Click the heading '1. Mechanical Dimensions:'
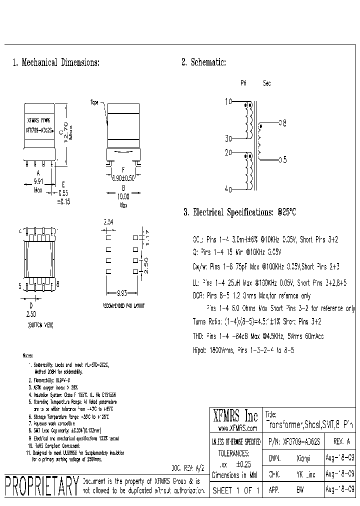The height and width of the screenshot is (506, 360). tap(55, 63)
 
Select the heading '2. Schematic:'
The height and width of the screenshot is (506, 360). tap(203, 63)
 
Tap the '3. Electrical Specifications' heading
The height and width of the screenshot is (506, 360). tap(240, 212)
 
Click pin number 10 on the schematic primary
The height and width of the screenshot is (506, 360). tap(228, 101)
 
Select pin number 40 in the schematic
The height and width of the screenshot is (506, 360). tap(228, 189)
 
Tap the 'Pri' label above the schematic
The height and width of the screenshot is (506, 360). tap(243, 83)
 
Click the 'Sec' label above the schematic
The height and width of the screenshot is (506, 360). tap(267, 83)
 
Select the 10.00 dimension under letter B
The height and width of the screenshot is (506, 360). tap(123, 197)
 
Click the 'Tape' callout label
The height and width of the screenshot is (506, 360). tap(94, 102)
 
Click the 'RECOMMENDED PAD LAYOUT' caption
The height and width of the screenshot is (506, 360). tap(123, 305)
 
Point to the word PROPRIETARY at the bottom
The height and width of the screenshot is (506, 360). tap(41, 485)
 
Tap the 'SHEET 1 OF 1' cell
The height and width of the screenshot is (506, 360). tap(235, 490)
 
